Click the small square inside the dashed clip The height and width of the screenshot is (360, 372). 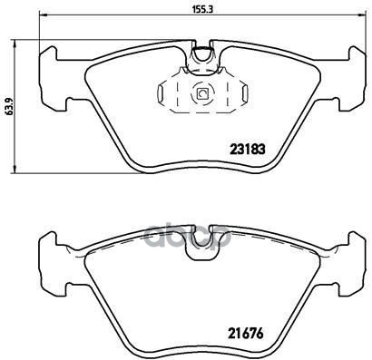[x=202, y=92]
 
